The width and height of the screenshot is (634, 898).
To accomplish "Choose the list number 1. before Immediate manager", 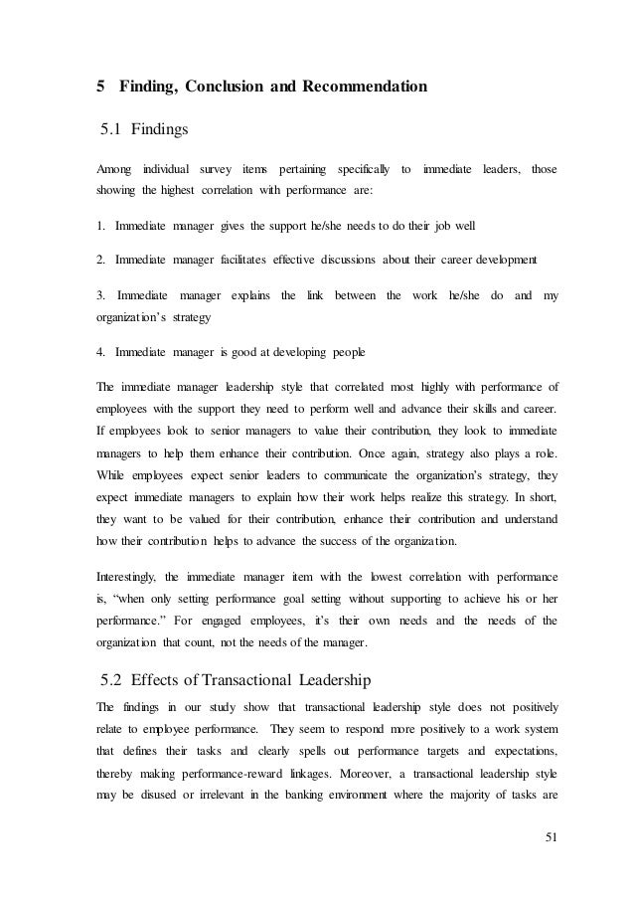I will [x=101, y=226].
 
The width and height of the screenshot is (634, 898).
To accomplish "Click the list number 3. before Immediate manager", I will [x=102, y=296].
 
